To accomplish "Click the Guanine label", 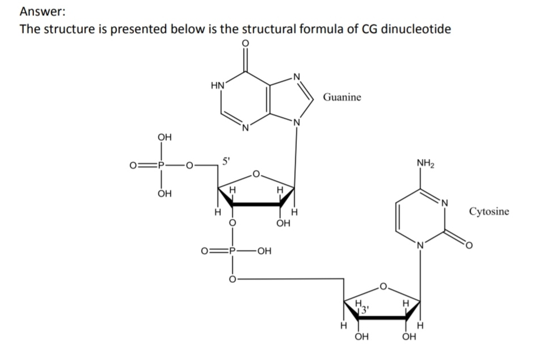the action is pyautogui.click(x=342, y=98).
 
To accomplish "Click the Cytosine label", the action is pyautogui.click(x=489, y=211).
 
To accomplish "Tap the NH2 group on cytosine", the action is pyautogui.click(x=425, y=163).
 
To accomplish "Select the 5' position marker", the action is pyautogui.click(x=226, y=161).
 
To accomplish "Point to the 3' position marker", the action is pyautogui.click(x=365, y=309).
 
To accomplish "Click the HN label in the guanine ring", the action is pyautogui.click(x=218, y=85).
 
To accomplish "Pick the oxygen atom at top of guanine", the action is pyautogui.click(x=245, y=43).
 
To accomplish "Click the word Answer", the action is pyautogui.click(x=43, y=12).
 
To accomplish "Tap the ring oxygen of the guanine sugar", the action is pyautogui.click(x=256, y=174).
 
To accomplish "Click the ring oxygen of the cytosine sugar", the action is pyautogui.click(x=383, y=286).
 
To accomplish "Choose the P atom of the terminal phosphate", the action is pyautogui.click(x=161, y=166).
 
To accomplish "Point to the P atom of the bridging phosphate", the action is pyautogui.click(x=233, y=251).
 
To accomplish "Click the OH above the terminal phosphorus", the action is pyautogui.click(x=165, y=137).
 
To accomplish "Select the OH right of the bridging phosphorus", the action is pyautogui.click(x=264, y=251).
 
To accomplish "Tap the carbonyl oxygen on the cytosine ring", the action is pyautogui.click(x=469, y=245).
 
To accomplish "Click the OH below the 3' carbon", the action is pyautogui.click(x=361, y=336).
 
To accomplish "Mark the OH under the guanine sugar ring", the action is pyautogui.click(x=283, y=223).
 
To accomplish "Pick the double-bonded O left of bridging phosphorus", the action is pyautogui.click(x=204, y=251).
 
